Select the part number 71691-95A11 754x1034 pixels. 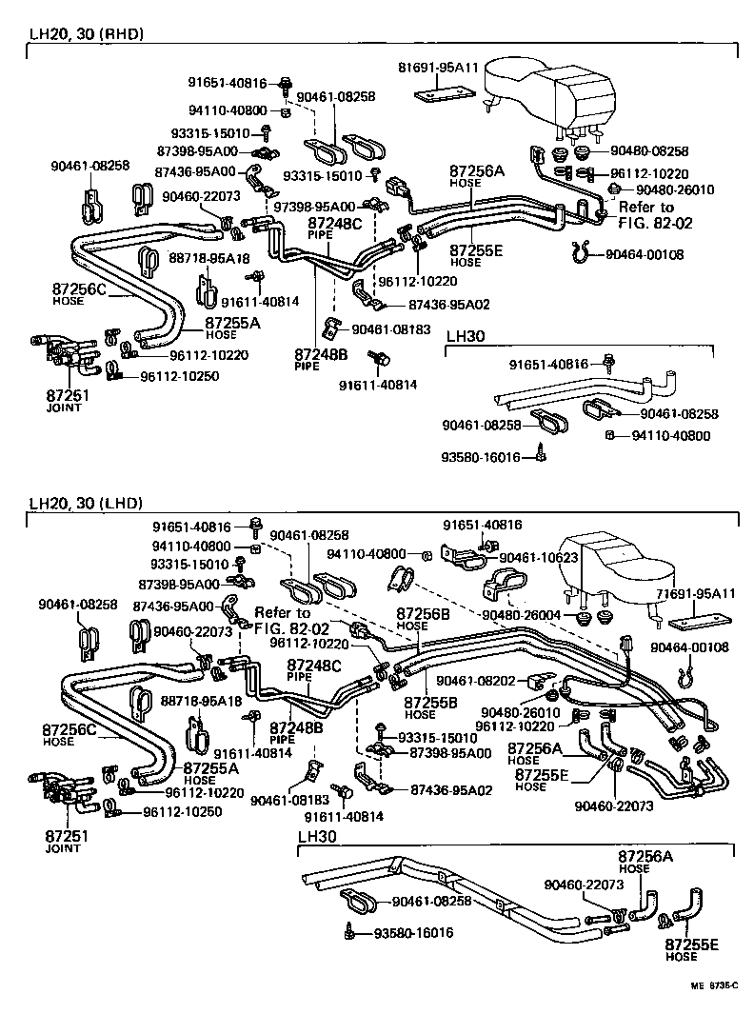[696, 593]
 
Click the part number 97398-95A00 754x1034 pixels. [314, 206]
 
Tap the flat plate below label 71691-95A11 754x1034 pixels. [693, 625]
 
